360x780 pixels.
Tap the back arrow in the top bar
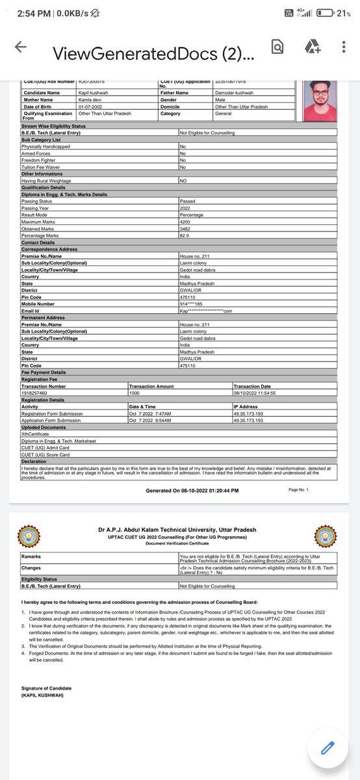point(20,47)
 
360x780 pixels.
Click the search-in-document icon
point(277,47)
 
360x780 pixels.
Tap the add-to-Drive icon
point(312,47)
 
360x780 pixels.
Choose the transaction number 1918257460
point(34,393)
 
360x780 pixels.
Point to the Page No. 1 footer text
point(298,489)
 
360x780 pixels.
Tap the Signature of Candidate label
point(46,688)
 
